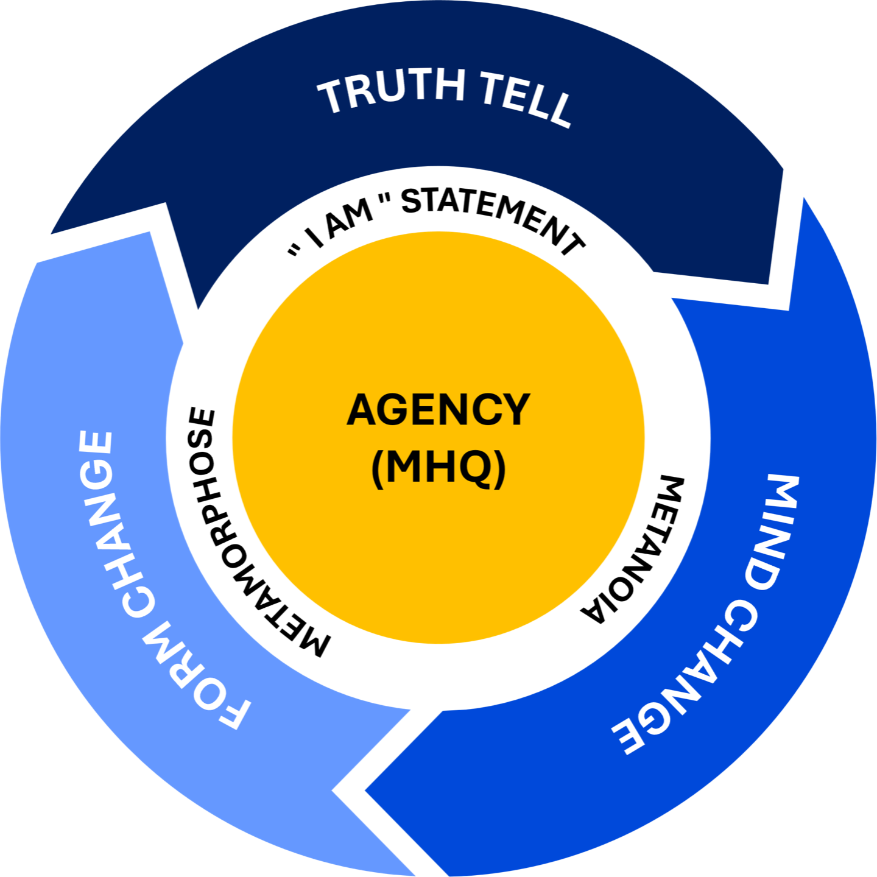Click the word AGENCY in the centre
pyautogui.click(x=438, y=410)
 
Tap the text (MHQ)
pyautogui.click(x=438, y=468)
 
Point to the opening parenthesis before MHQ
pyautogui.click(x=377, y=468)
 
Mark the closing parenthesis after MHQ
pyautogui.click(x=501, y=468)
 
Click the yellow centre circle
pyautogui.click(x=438, y=548)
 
